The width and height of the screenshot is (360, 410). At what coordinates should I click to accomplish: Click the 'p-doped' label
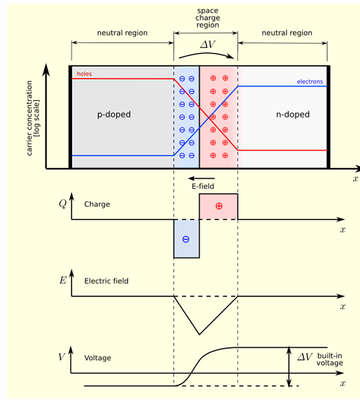click(x=114, y=115)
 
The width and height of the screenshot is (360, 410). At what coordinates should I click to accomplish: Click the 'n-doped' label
click(x=293, y=115)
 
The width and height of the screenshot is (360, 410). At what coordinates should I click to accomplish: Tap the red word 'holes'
click(x=84, y=74)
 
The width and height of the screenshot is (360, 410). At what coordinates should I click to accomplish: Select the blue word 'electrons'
click(x=310, y=82)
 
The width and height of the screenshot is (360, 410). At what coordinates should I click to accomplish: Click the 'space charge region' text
click(x=207, y=18)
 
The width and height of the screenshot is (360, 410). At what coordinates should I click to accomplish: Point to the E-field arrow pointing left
click(x=201, y=179)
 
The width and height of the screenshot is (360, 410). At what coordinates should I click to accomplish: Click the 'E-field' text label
click(x=203, y=186)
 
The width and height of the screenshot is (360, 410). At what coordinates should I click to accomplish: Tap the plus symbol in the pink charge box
click(x=219, y=206)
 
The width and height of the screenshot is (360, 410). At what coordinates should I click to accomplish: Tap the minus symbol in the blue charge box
click(x=186, y=240)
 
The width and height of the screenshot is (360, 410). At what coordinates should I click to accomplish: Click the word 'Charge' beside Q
click(x=97, y=204)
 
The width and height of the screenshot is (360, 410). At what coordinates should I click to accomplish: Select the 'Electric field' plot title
click(x=107, y=281)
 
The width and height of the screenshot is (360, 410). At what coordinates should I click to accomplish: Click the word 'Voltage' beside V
click(x=98, y=358)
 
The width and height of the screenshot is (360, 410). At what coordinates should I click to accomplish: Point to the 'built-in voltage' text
click(x=330, y=359)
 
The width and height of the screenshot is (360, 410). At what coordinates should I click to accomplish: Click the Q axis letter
click(x=63, y=203)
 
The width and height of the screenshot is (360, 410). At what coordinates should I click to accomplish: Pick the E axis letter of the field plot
click(x=63, y=281)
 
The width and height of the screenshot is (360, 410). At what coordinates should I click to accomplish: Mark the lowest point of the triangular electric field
click(x=199, y=335)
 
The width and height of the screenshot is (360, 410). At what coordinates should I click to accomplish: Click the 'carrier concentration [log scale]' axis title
click(x=33, y=118)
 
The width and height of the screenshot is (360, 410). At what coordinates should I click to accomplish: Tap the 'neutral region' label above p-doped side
click(x=122, y=33)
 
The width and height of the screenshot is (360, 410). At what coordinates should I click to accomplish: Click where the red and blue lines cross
click(x=209, y=118)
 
